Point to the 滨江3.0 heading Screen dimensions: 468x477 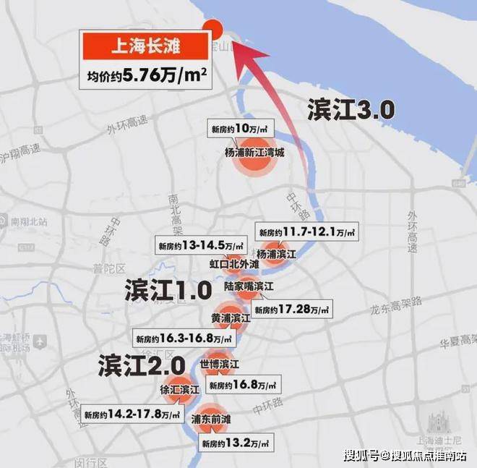351,110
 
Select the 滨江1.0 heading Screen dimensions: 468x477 168,290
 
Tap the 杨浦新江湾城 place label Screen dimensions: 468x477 254,153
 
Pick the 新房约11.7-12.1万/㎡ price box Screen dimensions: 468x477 306,231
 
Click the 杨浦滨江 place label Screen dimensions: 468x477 276,254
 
